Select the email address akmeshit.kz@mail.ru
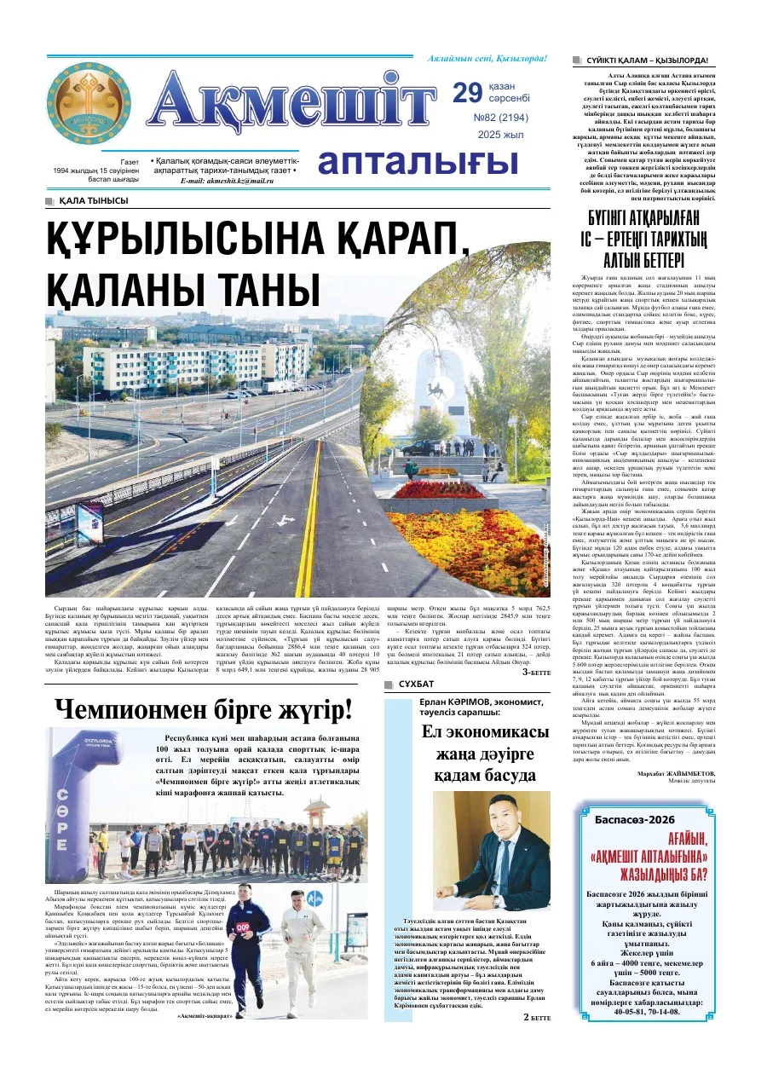tap(222, 181)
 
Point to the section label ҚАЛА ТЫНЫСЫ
tap(94, 201)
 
